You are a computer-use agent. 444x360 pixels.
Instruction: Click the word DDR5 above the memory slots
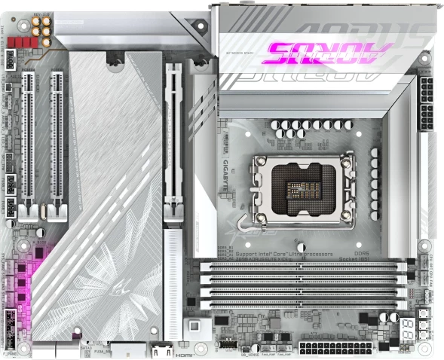[x=363, y=255]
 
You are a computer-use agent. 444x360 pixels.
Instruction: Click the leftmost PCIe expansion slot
[x=29, y=139]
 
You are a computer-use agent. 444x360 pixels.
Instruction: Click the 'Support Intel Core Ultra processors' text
[x=284, y=255]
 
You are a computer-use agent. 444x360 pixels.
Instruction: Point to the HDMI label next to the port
[x=185, y=351]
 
